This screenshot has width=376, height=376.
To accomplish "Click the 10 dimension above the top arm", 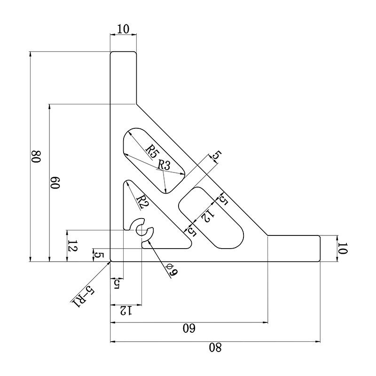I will click(123, 29).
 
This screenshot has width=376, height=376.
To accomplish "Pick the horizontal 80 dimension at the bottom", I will click(215, 348).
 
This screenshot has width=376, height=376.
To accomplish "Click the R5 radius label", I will click(151, 150).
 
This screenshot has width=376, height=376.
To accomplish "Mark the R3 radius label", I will click(164, 165).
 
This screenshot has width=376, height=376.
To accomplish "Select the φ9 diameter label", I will click(171, 270).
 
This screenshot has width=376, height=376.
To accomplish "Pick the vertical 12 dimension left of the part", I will click(72, 246).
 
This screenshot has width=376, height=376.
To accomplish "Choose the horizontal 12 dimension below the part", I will click(125, 310).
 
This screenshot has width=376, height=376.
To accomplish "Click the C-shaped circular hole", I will click(142, 230).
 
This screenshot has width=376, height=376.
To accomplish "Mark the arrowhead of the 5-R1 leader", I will click(109, 262).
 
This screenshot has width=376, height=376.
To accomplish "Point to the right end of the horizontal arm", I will click(319, 249).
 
